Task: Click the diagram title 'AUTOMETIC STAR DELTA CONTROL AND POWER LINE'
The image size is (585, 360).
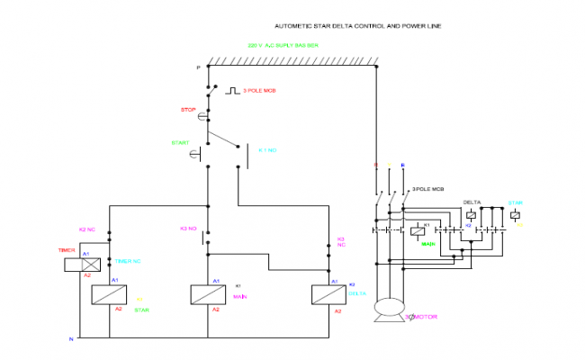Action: pyautogui.click(x=358, y=26)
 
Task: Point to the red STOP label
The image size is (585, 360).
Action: pyautogui.click(x=188, y=110)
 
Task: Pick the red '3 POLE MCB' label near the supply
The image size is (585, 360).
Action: pyautogui.click(x=261, y=91)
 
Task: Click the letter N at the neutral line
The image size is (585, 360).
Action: pyautogui.click(x=71, y=338)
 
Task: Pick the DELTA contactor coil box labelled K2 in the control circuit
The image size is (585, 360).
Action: pyautogui.click(x=325, y=295)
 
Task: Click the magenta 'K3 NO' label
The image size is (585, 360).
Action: pyautogui.click(x=188, y=229)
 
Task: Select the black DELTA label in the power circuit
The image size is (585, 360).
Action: pyautogui.click(x=472, y=202)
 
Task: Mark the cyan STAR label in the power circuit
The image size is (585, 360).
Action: pyautogui.click(x=515, y=202)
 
